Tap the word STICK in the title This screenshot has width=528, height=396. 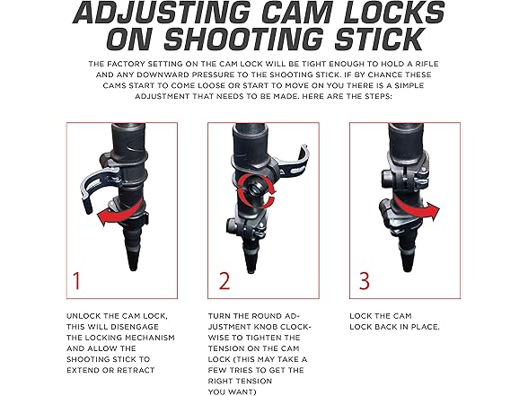[x=378, y=39]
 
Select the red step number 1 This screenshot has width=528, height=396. [x=77, y=281]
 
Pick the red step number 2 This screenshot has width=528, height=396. [x=224, y=281]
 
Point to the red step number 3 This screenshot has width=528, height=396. [x=364, y=281]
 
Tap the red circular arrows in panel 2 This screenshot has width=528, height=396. [x=257, y=191]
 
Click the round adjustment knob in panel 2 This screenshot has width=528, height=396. [x=255, y=190]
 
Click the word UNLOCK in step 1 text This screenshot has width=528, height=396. [x=84, y=316]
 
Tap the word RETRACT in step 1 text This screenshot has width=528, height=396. [x=136, y=370]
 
